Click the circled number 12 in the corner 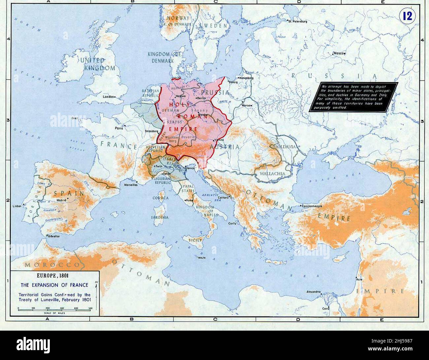pos(408,17)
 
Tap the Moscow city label pos(340,53)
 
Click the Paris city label pos(119,128)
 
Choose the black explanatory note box pos(354,97)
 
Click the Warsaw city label pos(247,105)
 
